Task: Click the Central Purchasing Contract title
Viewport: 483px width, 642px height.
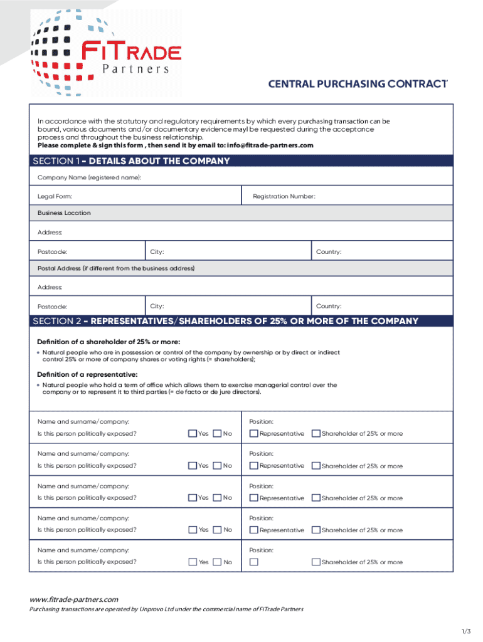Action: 358,84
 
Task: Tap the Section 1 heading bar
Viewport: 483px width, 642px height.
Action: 241,161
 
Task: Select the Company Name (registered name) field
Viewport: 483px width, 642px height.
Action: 241,178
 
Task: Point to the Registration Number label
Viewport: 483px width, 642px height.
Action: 284,197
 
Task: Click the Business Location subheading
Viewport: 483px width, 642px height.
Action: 64,213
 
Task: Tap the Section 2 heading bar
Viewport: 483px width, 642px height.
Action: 241,321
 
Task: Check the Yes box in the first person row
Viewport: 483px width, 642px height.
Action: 193,433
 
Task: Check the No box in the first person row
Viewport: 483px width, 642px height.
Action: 217,433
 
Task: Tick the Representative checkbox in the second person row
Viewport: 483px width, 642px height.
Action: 253,465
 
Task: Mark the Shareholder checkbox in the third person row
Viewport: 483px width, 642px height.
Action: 316,498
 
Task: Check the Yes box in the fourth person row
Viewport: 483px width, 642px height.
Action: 193,530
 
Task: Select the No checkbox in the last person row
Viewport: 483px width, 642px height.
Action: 217,562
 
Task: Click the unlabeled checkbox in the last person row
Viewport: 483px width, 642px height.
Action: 253,562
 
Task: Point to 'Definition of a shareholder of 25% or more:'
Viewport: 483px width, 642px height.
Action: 109,342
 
